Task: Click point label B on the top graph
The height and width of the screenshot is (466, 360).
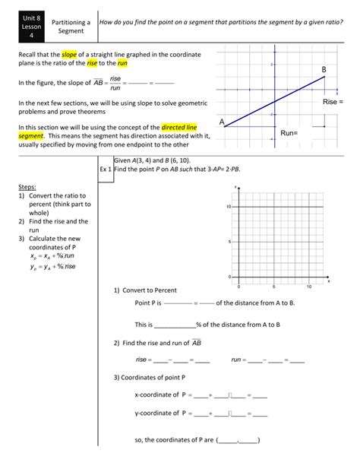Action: (x=324, y=69)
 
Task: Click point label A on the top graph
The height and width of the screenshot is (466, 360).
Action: (x=222, y=122)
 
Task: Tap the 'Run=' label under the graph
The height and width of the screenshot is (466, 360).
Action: (x=289, y=132)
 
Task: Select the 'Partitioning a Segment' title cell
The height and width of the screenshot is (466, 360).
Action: (x=71, y=28)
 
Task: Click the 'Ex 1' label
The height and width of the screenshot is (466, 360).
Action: (x=106, y=170)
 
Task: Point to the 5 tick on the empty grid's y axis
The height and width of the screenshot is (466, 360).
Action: (x=229, y=242)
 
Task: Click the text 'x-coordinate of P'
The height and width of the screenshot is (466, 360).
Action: (x=160, y=395)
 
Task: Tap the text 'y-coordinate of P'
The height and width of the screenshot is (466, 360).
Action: (x=160, y=414)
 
